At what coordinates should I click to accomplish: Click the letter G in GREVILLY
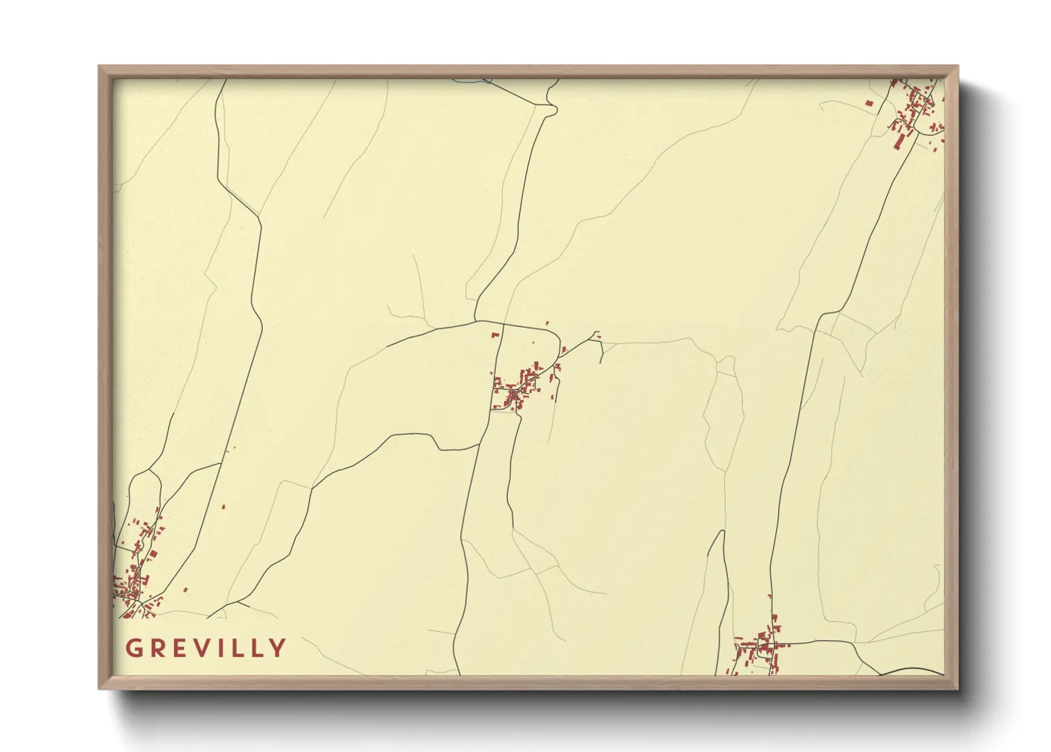click(133, 648)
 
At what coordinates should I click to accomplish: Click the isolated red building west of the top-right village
click(868, 104)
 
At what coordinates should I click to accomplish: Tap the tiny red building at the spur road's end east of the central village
click(598, 335)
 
